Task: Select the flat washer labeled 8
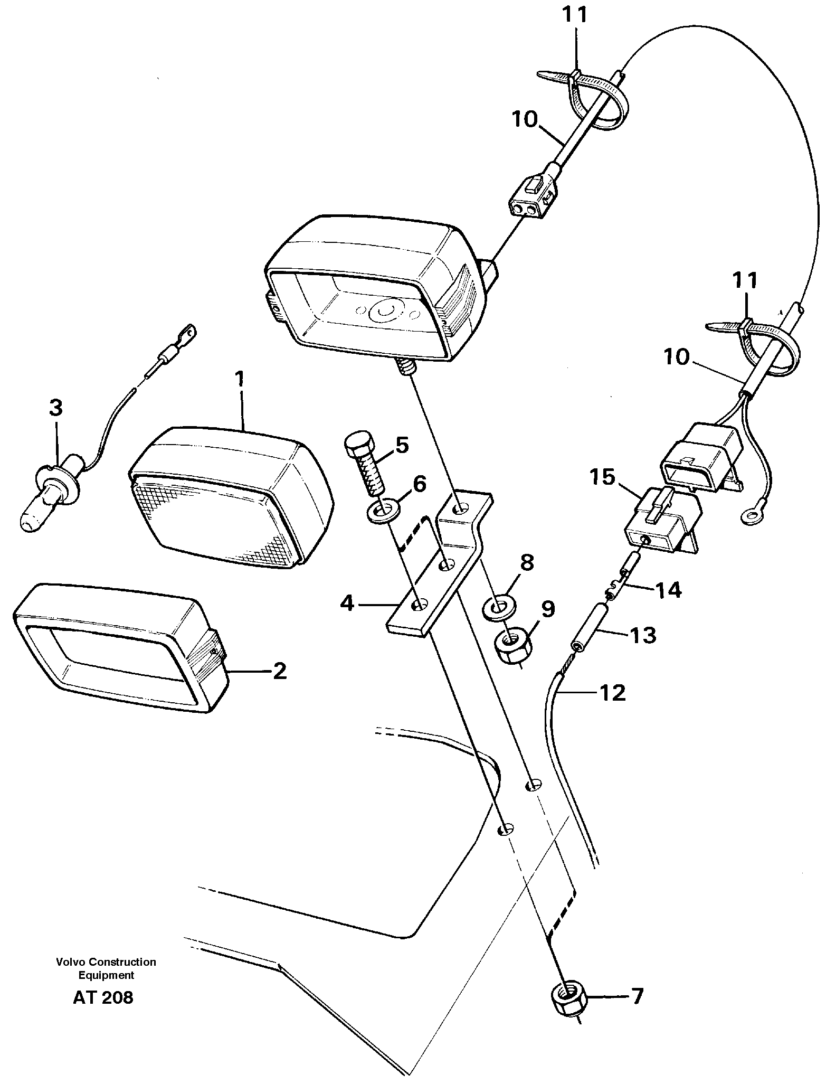[x=499, y=606]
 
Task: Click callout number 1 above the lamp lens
[x=240, y=379]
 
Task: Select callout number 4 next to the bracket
[x=347, y=602]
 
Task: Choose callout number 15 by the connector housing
[x=602, y=477]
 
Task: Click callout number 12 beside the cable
[x=612, y=693]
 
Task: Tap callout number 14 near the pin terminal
[x=668, y=590]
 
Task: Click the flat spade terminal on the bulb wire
[x=187, y=334]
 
